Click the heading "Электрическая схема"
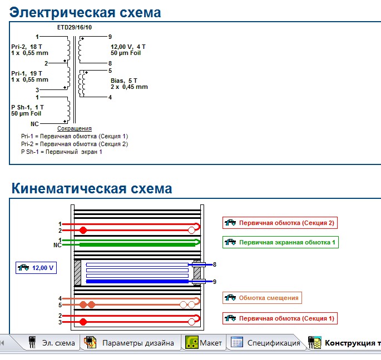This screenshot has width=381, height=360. tap(86, 12)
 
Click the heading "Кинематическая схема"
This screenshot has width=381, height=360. tap(92, 188)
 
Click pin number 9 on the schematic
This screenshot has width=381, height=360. tap(110, 37)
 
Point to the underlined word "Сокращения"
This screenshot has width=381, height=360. tap(75, 128)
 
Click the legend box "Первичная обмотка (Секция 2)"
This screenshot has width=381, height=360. tap(280, 223)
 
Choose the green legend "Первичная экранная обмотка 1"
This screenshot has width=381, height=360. tap(280, 242)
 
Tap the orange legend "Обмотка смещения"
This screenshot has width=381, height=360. tap(263, 298)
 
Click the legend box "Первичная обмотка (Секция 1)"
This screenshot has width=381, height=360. tap(280, 318)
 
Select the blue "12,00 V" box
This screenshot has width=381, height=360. tap(36, 267)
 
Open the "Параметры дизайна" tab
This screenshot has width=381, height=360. tap(131, 343)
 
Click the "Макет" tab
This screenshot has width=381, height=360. tap(204, 343)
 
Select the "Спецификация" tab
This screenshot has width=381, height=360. tap(267, 343)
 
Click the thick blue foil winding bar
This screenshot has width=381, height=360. tap(136, 282)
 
